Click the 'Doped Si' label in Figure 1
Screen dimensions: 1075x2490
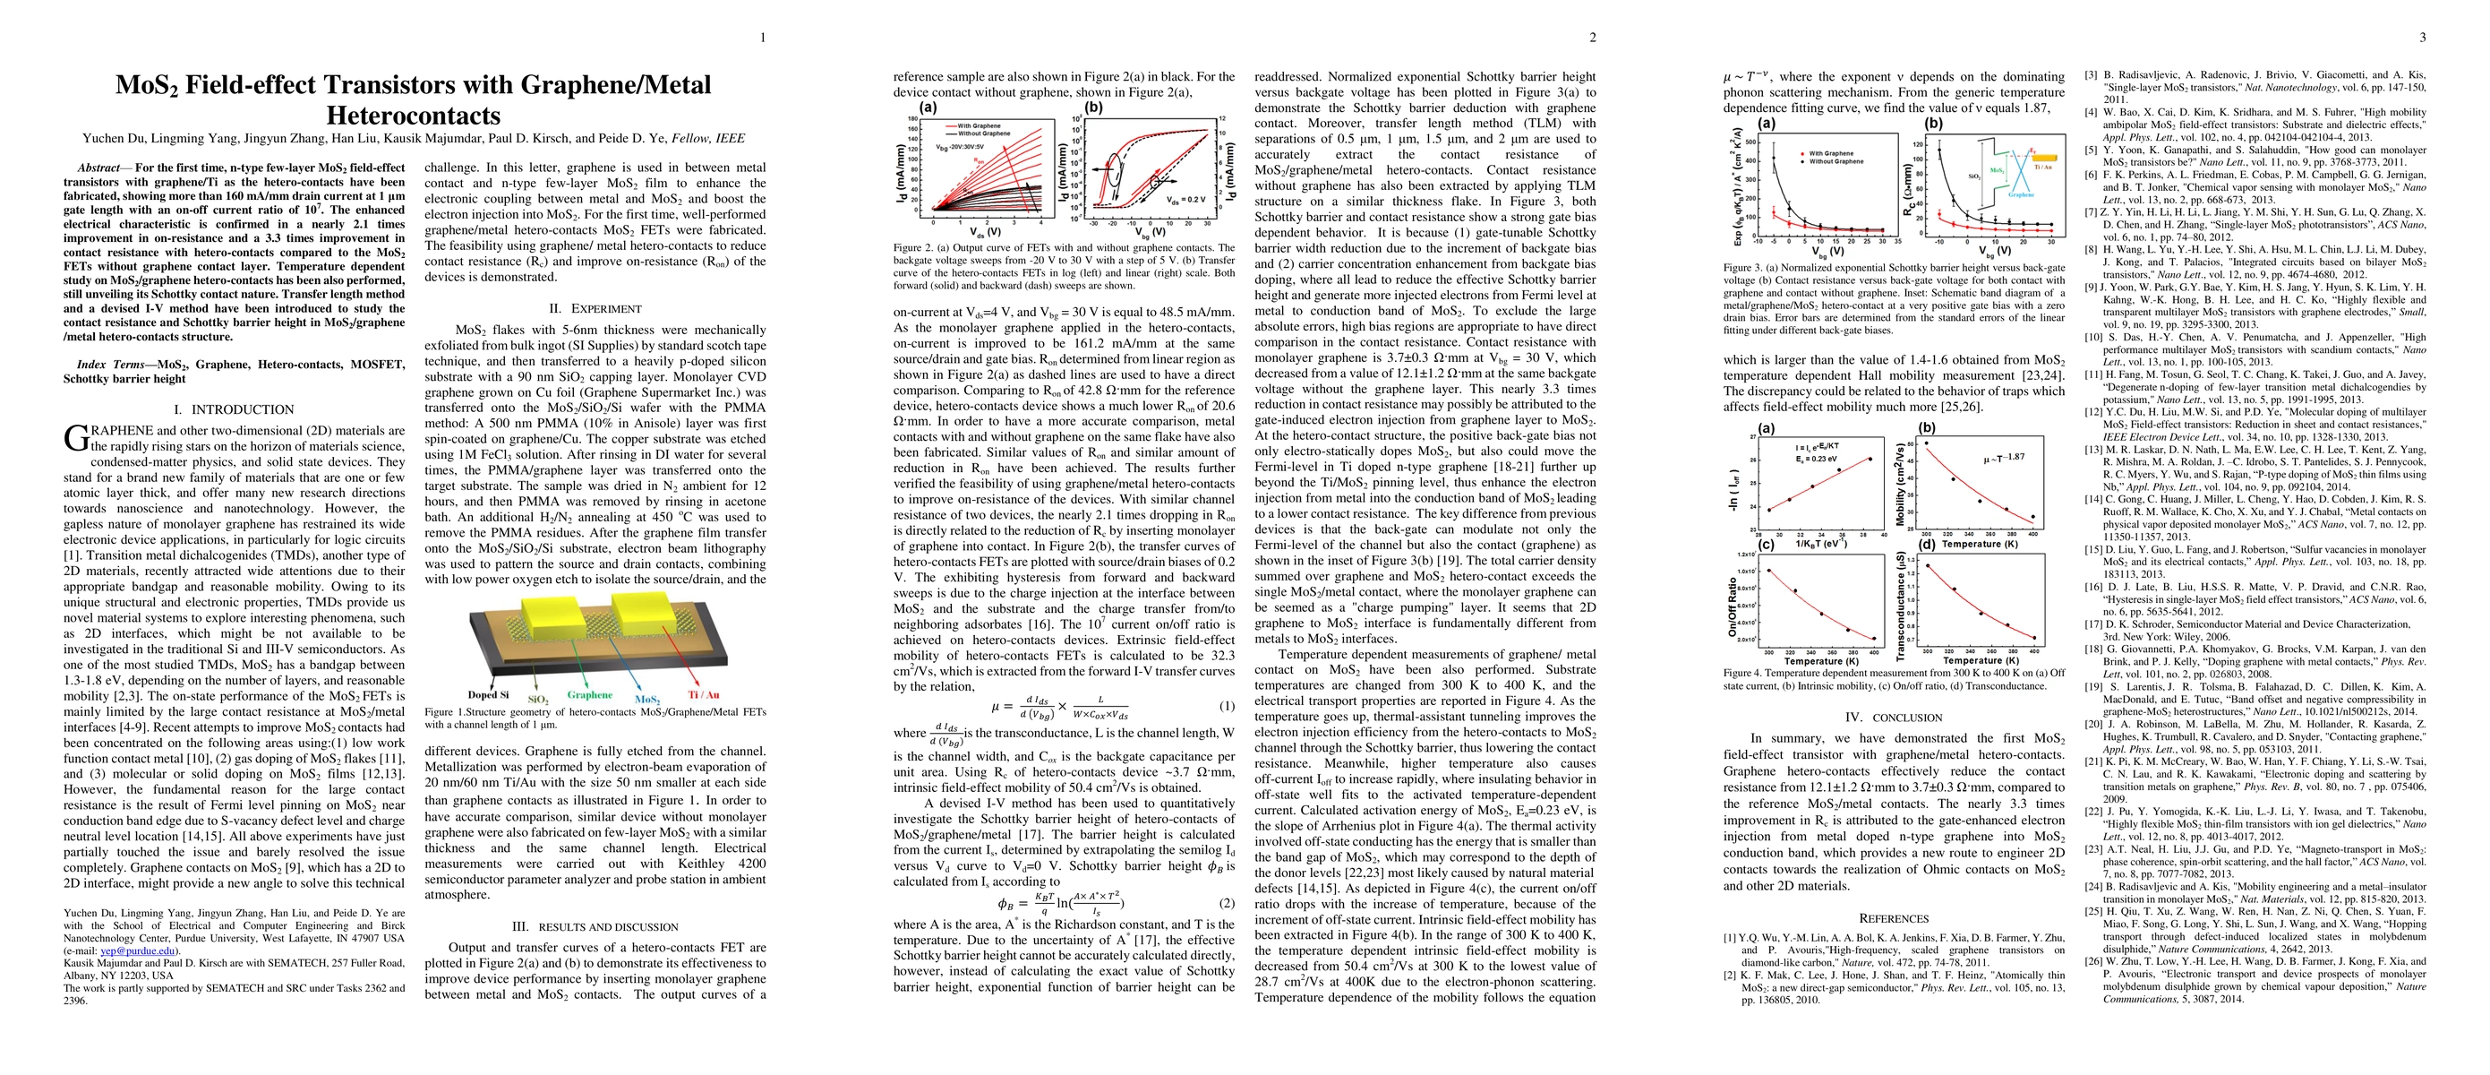[x=488, y=694]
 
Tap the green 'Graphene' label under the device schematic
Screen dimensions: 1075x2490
[x=590, y=694]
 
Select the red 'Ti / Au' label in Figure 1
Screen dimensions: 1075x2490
[x=703, y=694]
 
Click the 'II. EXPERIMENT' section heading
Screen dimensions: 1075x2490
[x=595, y=309]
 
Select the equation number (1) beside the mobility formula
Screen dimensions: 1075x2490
[x=1227, y=706]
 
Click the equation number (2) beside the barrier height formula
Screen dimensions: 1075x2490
[x=1227, y=903]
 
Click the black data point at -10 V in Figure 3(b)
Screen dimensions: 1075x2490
[x=1938, y=150]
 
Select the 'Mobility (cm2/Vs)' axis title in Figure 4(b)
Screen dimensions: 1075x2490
[x=1900, y=486]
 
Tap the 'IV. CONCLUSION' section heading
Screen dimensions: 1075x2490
[x=1893, y=718]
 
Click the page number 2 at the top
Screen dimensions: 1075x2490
[x=1593, y=38]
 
